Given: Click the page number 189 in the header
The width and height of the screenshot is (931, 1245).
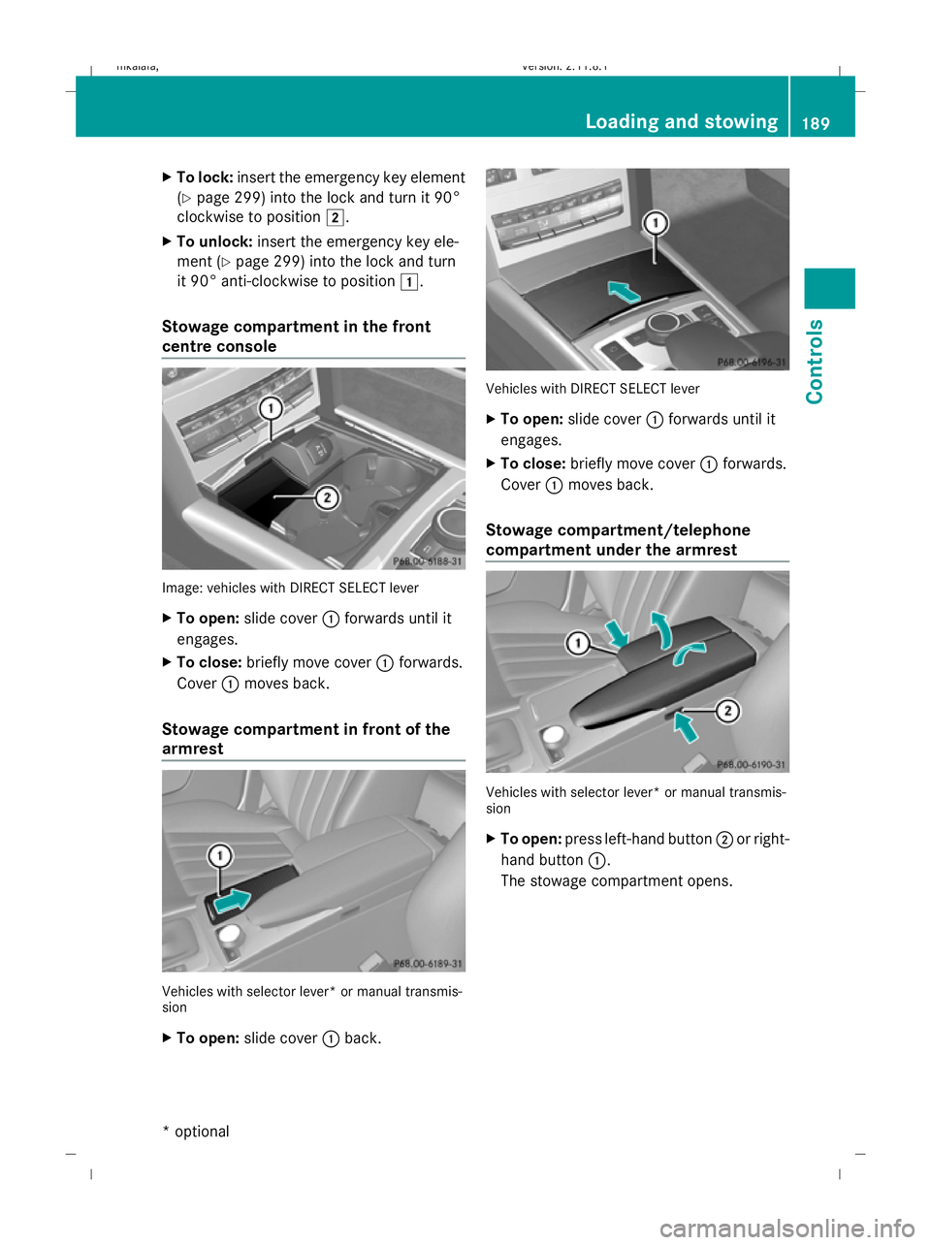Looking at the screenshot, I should (x=816, y=123).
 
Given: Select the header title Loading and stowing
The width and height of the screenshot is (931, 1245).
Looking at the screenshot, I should (x=681, y=121).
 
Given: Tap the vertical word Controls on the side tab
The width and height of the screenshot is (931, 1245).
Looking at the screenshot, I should (x=815, y=361).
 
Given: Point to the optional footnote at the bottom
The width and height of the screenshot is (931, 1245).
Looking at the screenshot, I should (x=197, y=1131).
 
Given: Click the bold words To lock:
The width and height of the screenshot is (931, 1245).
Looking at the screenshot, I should (x=205, y=177).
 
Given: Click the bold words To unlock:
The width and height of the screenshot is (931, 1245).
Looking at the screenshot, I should (x=214, y=241).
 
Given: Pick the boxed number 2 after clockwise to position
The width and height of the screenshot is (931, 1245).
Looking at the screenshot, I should (x=334, y=217).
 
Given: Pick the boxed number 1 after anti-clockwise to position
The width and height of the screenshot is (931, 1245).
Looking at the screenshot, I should (x=409, y=282).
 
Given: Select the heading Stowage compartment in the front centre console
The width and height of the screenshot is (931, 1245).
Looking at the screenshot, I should (x=296, y=336).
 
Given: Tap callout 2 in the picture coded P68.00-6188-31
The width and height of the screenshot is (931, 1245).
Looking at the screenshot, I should (x=328, y=497).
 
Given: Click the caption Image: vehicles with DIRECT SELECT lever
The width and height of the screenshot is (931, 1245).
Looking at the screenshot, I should (x=290, y=588).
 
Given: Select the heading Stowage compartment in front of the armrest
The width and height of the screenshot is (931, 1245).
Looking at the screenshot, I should (x=305, y=739).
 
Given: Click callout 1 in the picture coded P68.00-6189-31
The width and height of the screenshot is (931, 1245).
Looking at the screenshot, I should (x=220, y=855).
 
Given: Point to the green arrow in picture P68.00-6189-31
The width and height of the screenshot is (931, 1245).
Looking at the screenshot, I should (x=232, y=902).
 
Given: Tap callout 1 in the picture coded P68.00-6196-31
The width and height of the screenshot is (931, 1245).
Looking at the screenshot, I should (x=656, y=223).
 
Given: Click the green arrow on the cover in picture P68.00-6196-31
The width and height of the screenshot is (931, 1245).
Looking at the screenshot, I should (x=624, y=291).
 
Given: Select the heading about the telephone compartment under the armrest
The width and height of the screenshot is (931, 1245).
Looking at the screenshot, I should (x=618, y=540).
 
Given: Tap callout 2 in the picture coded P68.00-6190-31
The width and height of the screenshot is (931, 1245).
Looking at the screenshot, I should (x=727, y=711).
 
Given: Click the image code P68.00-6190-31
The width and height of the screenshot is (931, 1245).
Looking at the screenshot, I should (x=752, y=764).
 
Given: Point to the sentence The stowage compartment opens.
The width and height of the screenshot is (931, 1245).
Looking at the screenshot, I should (x=616, y=880).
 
